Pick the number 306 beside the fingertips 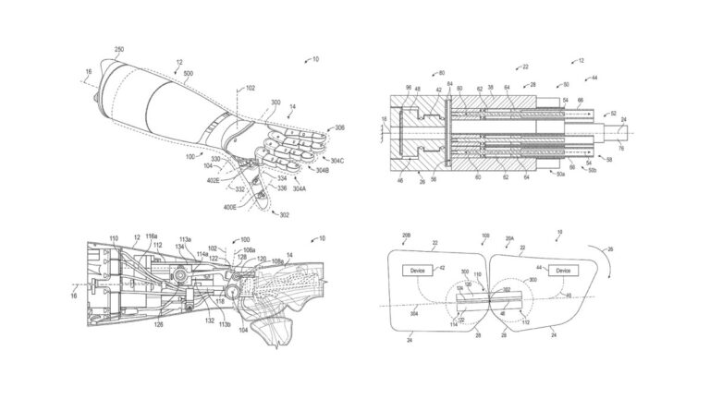tap(340, 127)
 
